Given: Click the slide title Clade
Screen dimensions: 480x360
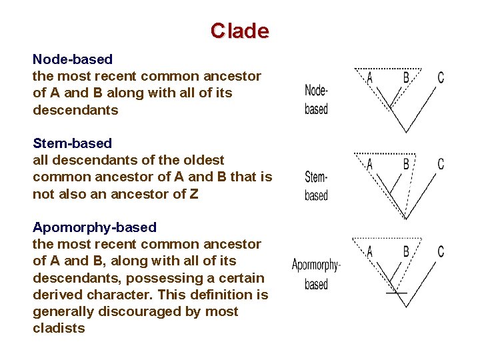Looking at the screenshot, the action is [239, 31].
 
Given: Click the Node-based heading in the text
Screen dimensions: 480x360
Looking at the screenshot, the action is [73, 59].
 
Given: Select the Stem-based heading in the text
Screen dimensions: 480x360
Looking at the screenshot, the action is [72, 143].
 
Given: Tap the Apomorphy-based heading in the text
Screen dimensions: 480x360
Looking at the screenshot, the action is [95, 227].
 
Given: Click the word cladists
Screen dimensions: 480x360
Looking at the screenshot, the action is [59, 328].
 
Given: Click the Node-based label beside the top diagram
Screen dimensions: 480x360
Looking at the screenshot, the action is [316, 99].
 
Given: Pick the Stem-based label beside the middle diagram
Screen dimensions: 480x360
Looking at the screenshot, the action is [316, 185].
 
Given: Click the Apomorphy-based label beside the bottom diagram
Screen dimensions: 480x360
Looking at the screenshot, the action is [316, 274].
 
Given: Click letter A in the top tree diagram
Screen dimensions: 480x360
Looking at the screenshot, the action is [370, 78].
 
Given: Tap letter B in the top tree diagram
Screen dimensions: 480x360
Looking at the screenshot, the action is [406, 78].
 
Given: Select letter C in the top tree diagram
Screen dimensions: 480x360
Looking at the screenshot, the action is [441, 78].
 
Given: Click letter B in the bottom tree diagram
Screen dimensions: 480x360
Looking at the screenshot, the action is [406, 252].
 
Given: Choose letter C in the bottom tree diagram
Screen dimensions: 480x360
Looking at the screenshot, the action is [441, 252].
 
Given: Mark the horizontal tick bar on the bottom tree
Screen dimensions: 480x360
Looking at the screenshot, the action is [396, 293].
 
